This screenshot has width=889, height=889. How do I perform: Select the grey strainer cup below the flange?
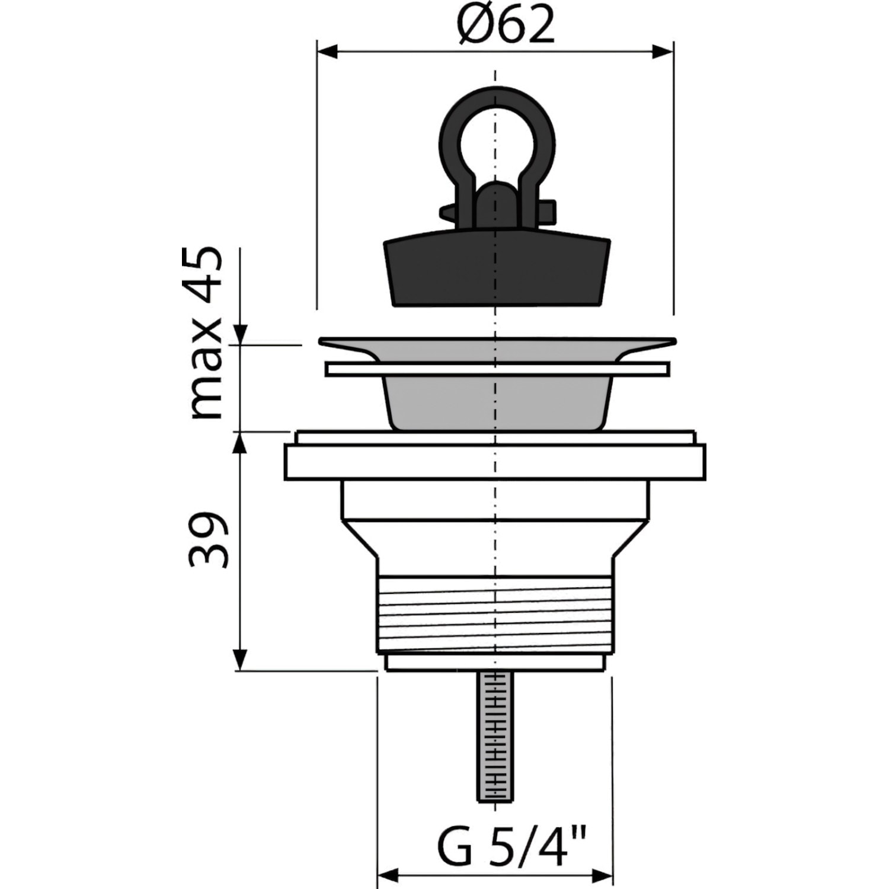pyautogui.click(x=497, y=402)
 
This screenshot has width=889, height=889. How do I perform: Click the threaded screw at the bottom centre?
pyautogui.click(x=495, y=737)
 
